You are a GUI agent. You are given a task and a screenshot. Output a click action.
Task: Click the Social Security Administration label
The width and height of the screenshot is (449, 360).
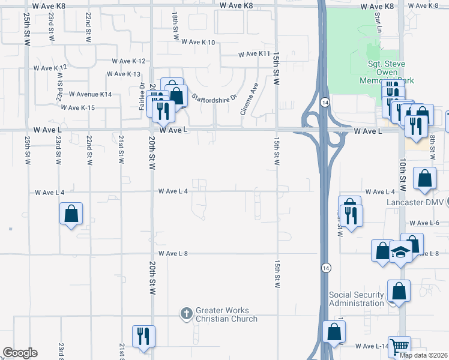coord(356,299)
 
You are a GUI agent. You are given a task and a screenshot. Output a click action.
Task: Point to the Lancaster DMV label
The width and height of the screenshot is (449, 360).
coord(415,202)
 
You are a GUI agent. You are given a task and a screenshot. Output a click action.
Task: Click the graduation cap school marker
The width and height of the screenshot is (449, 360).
coord(400,252)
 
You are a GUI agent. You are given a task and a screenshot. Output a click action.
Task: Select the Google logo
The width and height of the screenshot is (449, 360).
coord(20,353)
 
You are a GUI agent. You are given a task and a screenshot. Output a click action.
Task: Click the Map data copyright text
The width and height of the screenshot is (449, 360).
coord(424,355)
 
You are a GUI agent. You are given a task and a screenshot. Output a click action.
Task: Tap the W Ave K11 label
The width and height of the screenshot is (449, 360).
coord(256,54)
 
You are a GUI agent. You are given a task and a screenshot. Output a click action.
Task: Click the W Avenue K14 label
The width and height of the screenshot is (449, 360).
coord(90,94)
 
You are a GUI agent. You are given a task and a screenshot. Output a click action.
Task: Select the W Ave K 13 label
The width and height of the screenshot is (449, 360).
coord(123,74)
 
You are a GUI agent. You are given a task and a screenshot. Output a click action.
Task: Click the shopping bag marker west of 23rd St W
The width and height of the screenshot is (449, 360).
coord(71,214)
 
